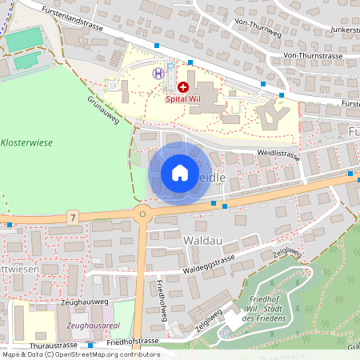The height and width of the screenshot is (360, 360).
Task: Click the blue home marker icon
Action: tap(180, 172)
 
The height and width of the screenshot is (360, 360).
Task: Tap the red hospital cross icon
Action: tap(183, 86)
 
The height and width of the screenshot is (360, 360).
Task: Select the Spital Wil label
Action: tap(183, 100)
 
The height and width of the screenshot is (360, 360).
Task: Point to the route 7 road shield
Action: tap(73, 217)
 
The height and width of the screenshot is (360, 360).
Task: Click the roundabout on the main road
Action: tap(142, 213)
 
